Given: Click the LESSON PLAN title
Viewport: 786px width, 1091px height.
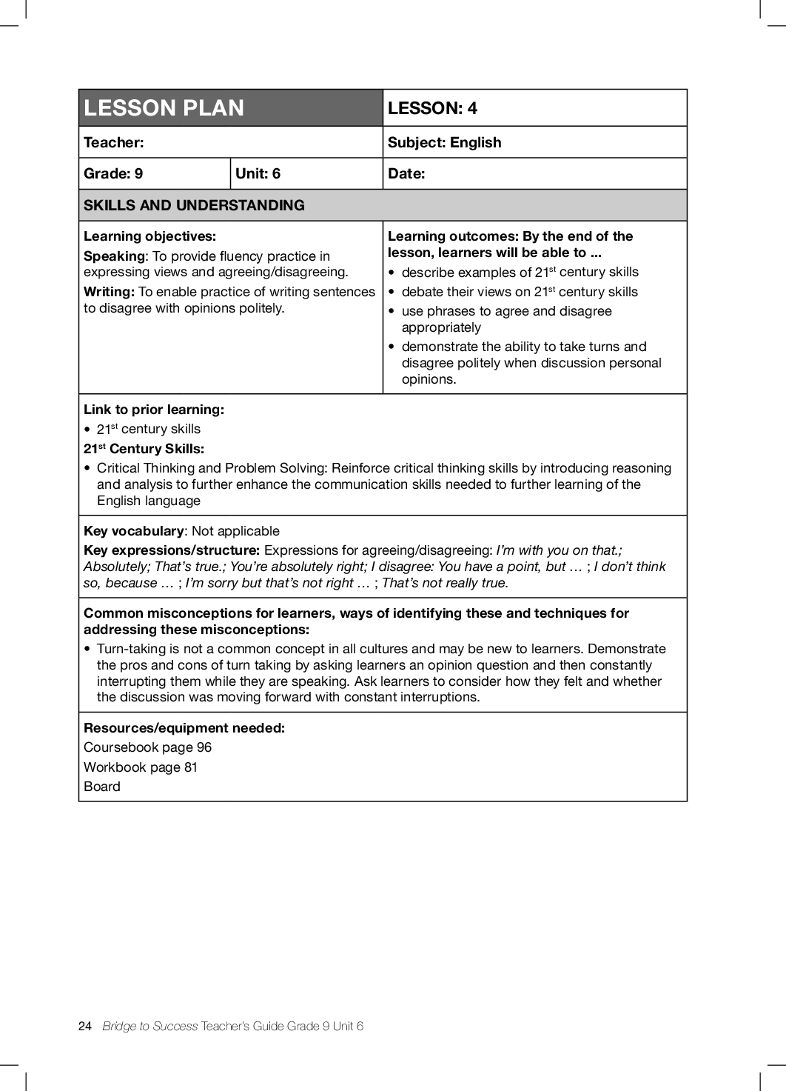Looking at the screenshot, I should point(164,108).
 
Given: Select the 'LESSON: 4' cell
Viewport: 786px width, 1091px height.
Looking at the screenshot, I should point(432,108).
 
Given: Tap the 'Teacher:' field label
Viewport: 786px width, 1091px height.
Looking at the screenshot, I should point(114,142).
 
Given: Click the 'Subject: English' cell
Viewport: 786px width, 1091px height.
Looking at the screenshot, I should point(444,142).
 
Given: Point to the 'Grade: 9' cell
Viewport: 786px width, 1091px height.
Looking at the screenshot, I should point(113,173).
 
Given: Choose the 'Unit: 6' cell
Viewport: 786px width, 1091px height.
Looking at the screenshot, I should point(258,173).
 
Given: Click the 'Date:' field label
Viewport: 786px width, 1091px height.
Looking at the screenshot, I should point(406,173).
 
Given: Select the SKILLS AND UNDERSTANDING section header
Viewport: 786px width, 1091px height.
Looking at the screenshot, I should point(194,205).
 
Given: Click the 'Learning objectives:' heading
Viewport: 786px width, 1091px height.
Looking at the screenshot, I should point(150,236).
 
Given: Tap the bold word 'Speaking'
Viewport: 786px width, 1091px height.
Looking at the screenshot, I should point(115,256).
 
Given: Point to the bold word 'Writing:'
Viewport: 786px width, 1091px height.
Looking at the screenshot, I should point(109,292).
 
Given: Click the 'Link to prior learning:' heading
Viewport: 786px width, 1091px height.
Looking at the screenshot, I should point(153,410).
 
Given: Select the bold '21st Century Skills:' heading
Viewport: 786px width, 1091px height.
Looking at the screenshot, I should point(144,449).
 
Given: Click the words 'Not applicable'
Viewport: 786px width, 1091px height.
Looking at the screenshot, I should point(235,531).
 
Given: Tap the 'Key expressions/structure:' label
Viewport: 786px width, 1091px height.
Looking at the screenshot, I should point(172,550).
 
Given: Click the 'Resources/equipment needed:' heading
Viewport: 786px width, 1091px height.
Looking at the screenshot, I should point(184,728).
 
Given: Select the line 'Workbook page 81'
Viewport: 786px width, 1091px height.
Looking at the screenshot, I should point(141,767).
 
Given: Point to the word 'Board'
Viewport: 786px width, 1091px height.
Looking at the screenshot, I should point(102,787).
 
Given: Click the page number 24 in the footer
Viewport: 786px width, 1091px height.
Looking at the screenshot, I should point(84,1026).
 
